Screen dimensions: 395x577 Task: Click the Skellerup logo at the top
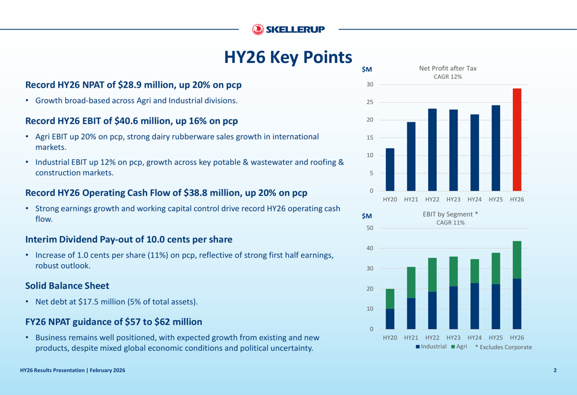288,29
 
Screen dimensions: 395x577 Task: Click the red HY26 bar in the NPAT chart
517,140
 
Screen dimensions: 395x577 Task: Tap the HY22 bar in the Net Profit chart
433,149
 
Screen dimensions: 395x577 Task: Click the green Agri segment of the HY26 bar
517,259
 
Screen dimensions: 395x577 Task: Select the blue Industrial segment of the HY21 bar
411,313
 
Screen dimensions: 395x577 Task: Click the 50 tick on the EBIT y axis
370,228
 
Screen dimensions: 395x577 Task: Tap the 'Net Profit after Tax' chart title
447,68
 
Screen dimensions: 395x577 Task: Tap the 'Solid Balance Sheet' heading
67,285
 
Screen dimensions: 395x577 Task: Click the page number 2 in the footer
555,370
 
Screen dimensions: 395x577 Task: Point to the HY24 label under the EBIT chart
474,337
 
